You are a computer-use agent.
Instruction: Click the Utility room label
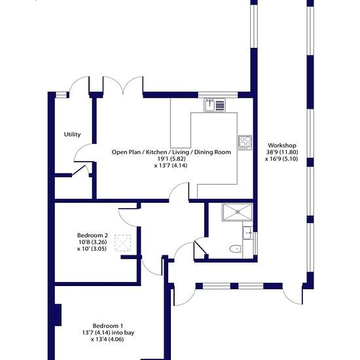(x=72, y=134)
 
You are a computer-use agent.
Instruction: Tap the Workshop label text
(x=282, y=145)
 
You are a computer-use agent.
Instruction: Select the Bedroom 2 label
(x=92, y=236)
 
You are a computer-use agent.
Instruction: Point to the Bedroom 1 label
(x=108, y=326)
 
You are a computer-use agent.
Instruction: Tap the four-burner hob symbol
(x=245, y=143)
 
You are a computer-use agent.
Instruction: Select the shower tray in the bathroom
(x=238, y=212)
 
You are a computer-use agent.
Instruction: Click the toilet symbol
(x=236, y=249)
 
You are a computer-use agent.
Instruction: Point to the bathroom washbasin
(x=247, y=233)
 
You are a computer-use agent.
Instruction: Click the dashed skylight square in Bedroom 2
(x=122, y=243)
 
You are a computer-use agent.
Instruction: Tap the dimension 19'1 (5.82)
(x=171, y=158)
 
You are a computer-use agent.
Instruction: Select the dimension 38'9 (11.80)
(x=282, y=152)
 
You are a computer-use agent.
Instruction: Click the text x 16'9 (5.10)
(x=281, y=158)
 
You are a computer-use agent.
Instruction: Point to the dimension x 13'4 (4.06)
(x=107, y=339)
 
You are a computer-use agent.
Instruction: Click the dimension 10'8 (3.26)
(x=92, y=242)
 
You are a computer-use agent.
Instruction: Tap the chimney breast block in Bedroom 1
(x=57, y=315)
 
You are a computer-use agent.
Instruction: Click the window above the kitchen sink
(x=218, y=95)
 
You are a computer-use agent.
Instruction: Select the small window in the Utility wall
(x=62, y=95)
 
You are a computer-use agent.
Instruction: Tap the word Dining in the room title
(x=203, y=152)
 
